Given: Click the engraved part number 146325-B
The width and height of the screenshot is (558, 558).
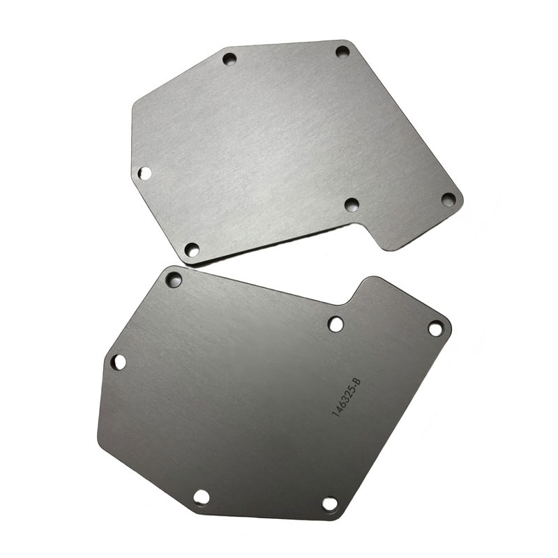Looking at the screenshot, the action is coord(346,398).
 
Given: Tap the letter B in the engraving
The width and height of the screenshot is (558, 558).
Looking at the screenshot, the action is coord(358,382).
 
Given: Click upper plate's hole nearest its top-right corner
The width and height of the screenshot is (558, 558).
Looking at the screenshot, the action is coord(342,52).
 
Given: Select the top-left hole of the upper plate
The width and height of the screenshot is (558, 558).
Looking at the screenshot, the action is coord(229,59).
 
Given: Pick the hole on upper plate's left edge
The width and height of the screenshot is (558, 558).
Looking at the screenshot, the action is coord(144,173).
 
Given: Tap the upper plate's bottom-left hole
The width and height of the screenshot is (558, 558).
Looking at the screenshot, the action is coord(192,250).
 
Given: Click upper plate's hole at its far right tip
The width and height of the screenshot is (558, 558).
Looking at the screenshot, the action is coord(448,199).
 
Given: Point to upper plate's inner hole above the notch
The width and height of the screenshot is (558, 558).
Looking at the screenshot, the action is coord(352,204).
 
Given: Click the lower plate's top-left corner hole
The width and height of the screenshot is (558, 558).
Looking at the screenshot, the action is coord(174,280).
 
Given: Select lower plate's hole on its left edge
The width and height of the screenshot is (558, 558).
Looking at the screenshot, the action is coord(119,362).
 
